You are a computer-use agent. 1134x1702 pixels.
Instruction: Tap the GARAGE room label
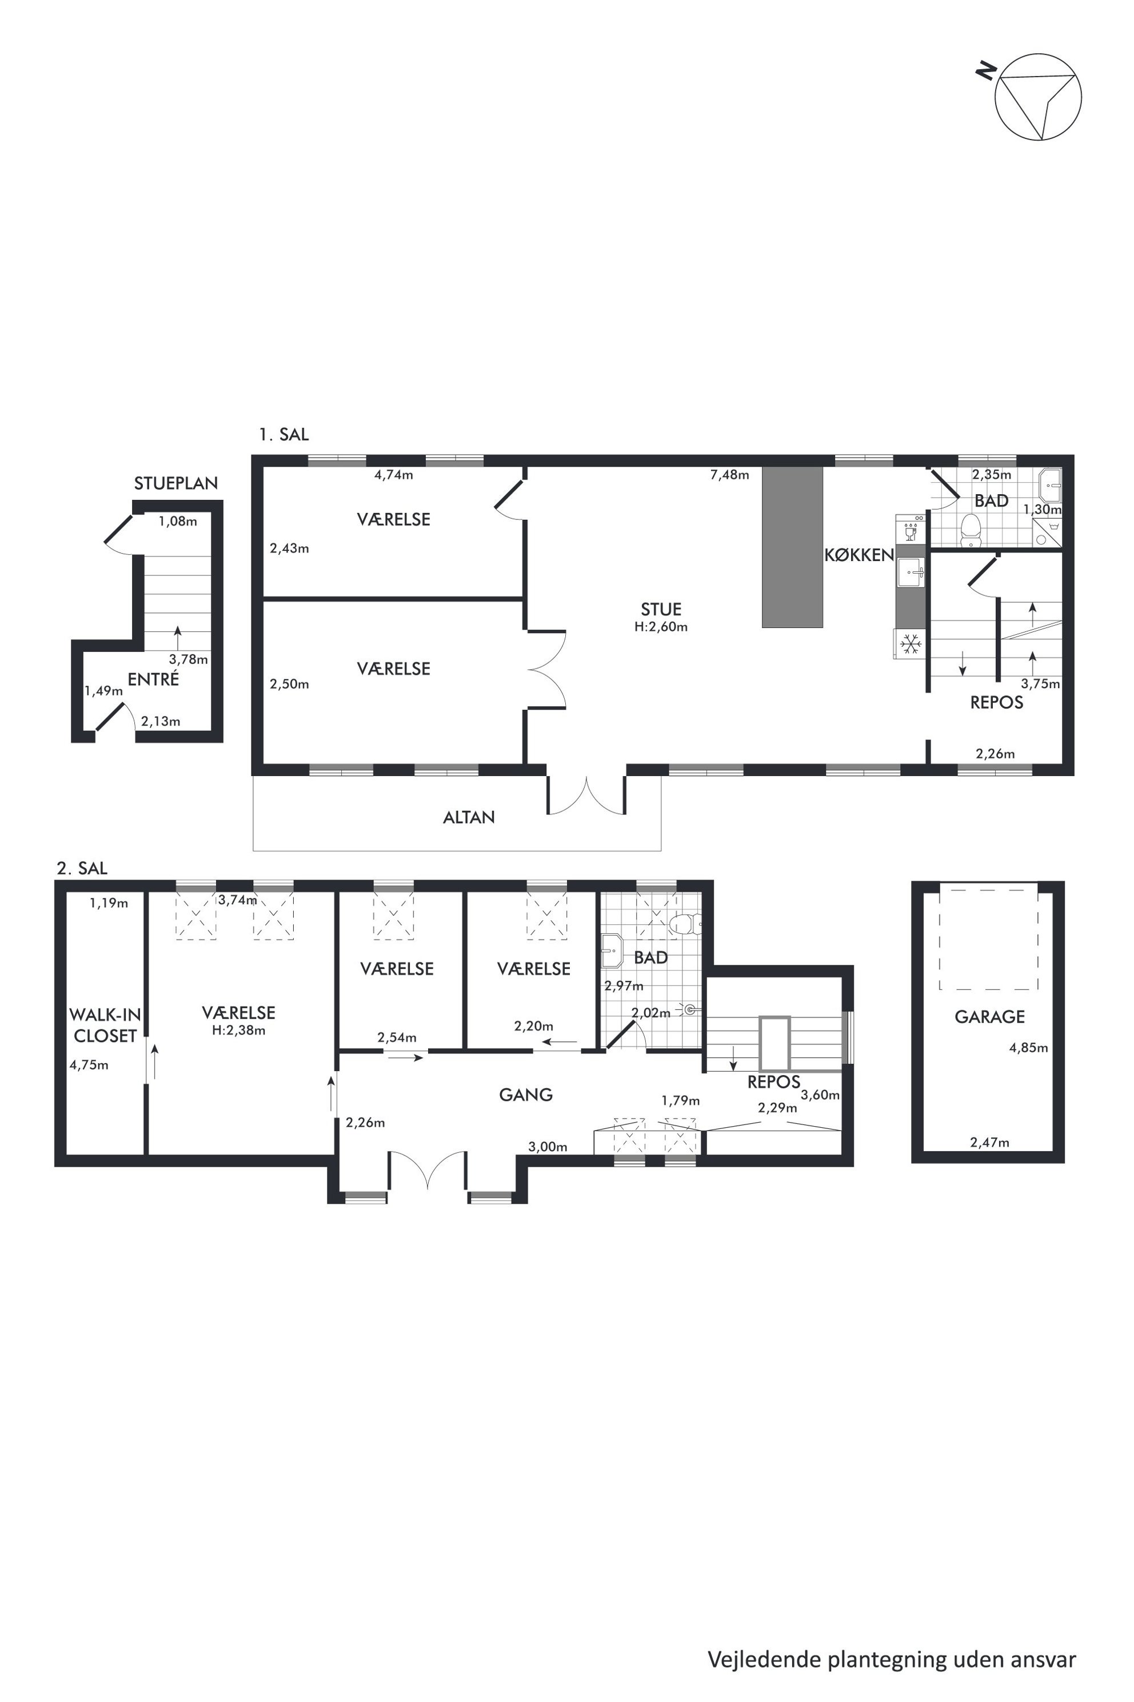click(989, 1017)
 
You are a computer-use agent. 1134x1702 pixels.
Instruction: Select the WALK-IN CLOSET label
click(105, 1025)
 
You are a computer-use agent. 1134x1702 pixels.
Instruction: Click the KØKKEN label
click(859, 555)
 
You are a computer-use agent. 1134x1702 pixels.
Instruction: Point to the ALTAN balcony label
click(469, 817)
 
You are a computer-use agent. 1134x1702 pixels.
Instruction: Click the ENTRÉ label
click(153, 679)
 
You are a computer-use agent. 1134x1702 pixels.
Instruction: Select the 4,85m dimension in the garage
click(1028, 1047)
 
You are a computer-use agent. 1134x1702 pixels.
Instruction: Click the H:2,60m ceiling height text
click(661, 627)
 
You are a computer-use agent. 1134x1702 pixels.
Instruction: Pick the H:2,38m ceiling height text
click(239, 1031)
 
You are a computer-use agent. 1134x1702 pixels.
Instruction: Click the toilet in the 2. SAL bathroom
click(684, 924)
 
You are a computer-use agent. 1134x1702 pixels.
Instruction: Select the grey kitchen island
click(793, 546)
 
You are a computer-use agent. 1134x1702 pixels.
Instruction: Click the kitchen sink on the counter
click(911, 572)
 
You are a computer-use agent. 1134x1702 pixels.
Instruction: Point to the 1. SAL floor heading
click(284, 435)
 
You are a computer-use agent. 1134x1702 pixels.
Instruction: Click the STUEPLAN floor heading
click(175, 483)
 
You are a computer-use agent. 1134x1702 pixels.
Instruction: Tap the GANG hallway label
click(526, 1095)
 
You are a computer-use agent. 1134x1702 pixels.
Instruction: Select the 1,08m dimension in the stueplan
click(178, 521)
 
